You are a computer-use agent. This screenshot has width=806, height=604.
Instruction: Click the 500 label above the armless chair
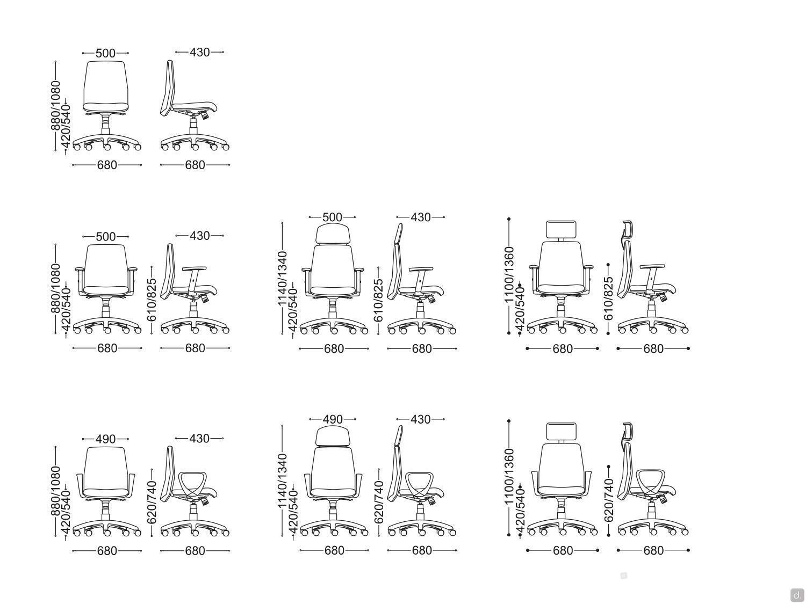[x=105, y=53]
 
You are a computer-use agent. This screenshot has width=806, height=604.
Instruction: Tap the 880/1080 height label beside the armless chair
[x=55, y=106]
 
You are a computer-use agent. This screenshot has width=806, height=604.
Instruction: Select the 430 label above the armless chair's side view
[x=199, y=53]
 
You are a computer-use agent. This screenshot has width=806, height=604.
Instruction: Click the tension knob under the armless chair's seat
[x=205, y=115]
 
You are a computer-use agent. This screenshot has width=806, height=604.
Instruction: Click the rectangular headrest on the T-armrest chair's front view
[x=561, y=230]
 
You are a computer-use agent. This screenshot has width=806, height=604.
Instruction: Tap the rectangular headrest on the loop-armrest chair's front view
[x=561, y=432]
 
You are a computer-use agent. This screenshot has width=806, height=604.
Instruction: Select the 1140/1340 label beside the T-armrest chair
[x=283, y=279]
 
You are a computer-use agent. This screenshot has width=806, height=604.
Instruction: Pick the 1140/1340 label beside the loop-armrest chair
[x=283, y=481]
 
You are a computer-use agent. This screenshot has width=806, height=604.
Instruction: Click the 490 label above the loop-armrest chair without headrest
[x=105, y=439]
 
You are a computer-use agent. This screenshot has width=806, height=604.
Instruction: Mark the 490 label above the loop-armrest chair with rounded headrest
[x=332, y=419]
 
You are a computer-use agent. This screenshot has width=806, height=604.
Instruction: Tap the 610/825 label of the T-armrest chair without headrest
[x=152, y=300]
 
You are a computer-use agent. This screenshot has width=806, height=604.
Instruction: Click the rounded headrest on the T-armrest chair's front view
[x=332, y=233]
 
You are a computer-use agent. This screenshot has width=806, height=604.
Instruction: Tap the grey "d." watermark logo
[x=797, y=594]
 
